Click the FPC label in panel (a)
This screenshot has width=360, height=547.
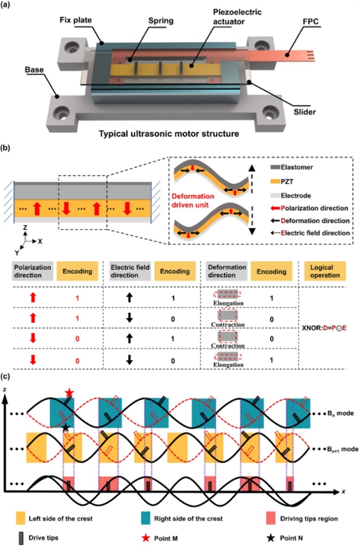click(x=310, y=21)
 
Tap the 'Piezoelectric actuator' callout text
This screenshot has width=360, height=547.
click(x=237, y=17)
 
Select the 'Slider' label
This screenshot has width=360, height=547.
click(x=304, y=112)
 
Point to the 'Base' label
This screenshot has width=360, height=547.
click(x=34, y=70)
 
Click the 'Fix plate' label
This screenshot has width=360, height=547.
click(x=75, y=20)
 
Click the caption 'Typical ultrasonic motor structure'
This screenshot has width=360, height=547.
click(x=169, y=134)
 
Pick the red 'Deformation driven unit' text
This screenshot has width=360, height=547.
click(x=193, y=201)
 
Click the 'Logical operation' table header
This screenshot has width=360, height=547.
click(x=325, y=271)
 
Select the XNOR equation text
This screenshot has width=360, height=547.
click(x=326, y=328)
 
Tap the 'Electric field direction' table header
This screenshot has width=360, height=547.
click(x=130, y=271)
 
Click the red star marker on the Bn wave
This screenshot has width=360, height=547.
click(x=70, y=392)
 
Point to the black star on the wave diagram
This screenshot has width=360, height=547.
click(x=66, y=427)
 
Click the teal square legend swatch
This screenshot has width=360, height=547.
click(x=145, y=518)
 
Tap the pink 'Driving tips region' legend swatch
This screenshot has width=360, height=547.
click(x=271, y=518)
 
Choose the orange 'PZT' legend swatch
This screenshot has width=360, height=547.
click(x=275, y=182)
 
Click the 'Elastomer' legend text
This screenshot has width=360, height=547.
click(x=297, y=167)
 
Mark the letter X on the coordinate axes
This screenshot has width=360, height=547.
click(x=40, y=241)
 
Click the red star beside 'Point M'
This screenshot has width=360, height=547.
click(x=145, y=538)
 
